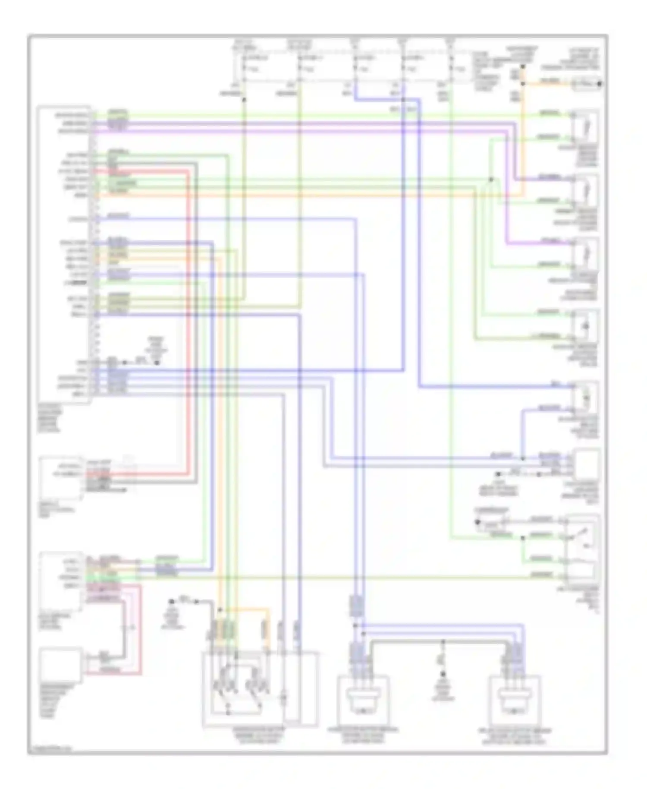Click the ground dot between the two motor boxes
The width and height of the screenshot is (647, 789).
pos(443,675)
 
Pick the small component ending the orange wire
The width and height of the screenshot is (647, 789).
pos(586,84)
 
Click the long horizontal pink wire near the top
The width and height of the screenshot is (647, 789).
pos(302,130)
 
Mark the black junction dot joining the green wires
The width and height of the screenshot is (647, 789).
pos(491,179)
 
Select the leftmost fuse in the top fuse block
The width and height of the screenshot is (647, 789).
pos(244,68)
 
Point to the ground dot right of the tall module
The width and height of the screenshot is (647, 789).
pos(157,363)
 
